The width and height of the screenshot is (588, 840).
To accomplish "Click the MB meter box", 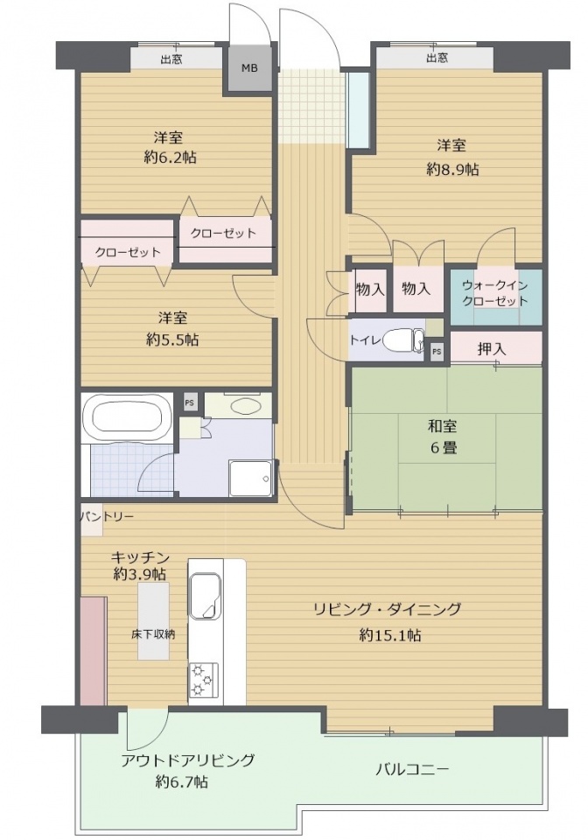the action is tap(250, 68).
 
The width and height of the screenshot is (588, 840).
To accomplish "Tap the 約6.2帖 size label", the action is tap(170, 157).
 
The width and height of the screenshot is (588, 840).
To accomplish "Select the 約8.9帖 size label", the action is tap(452, 169).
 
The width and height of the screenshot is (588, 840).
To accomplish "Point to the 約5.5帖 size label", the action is tap(172, 339).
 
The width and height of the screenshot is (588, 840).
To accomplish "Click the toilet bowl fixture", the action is tap(404, 339).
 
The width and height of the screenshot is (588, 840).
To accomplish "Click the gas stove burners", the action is tap(204, 680).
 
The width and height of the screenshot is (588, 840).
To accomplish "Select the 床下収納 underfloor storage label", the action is tap(153, 635).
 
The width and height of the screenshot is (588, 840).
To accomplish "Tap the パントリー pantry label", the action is tap(107, 516).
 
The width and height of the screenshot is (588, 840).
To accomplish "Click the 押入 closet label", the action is tap(492, 349).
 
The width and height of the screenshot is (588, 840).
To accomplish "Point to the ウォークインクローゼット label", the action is tap(495, 293).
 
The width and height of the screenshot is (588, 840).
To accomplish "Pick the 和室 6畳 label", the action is tap(443, 437).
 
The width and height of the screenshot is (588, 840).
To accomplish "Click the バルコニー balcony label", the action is tap(412, 770).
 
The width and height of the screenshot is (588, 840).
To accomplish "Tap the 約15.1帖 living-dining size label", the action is tap(390, 635).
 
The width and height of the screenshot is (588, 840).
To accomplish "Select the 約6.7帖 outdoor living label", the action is tap(182, 781).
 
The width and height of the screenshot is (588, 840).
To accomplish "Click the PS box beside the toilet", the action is tap(437, 352).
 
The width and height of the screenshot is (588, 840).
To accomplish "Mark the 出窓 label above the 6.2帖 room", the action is tap(171, 59).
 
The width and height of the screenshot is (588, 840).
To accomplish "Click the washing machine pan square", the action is tap(251, 478).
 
